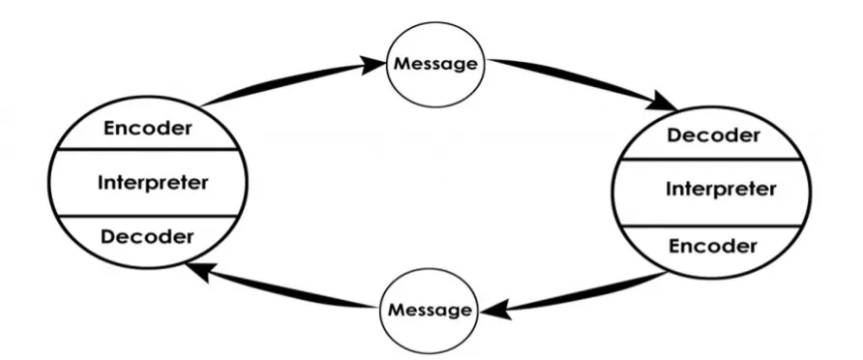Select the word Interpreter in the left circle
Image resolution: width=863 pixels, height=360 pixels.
tap(154, 181)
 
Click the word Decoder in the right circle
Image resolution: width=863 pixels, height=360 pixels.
tap(713, 135)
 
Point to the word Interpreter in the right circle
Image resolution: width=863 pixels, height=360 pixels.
tap(720, 189)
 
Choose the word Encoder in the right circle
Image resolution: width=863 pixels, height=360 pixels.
tap(713, 246)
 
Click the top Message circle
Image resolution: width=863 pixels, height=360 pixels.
tap(433, 64)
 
